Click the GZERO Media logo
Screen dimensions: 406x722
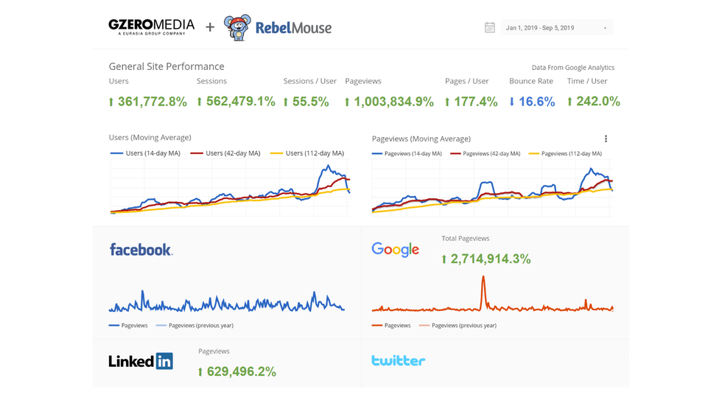pos(151,27)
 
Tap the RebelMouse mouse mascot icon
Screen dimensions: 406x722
pos(236,28)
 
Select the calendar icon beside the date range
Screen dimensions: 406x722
pos(489,28)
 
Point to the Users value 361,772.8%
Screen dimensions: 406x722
pos(148,102)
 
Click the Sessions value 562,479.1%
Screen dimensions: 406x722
pos(236,102)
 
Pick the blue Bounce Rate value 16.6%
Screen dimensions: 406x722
pos(532,102)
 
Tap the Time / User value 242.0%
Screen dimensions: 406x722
pos(593,102)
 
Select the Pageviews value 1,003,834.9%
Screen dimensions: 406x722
pos(389,102)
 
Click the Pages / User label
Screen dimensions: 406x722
pos(466,81)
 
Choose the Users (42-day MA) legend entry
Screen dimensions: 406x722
pos(225,153)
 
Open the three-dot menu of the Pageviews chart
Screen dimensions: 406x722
pos(606,139)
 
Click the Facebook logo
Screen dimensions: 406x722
pos(141,250)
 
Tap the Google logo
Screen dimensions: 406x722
pos(395,250)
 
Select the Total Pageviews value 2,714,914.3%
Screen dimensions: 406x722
pos(486,259)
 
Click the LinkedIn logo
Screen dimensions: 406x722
pos(141,361)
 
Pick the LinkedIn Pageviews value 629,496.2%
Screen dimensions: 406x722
pos(237,372)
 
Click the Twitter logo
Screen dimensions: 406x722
pos(398,360)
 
